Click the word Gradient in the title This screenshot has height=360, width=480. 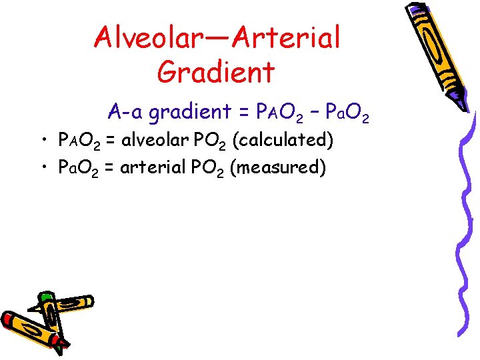pos(216,71)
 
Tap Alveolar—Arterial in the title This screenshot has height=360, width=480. pos(217,37)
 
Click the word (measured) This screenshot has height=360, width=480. pos(277,167)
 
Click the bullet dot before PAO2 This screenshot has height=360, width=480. pos(43,141)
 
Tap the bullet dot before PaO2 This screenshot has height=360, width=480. pos(43,167)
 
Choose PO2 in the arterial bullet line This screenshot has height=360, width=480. pos(204,167)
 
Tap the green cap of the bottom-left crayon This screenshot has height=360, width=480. pos(45,297)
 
